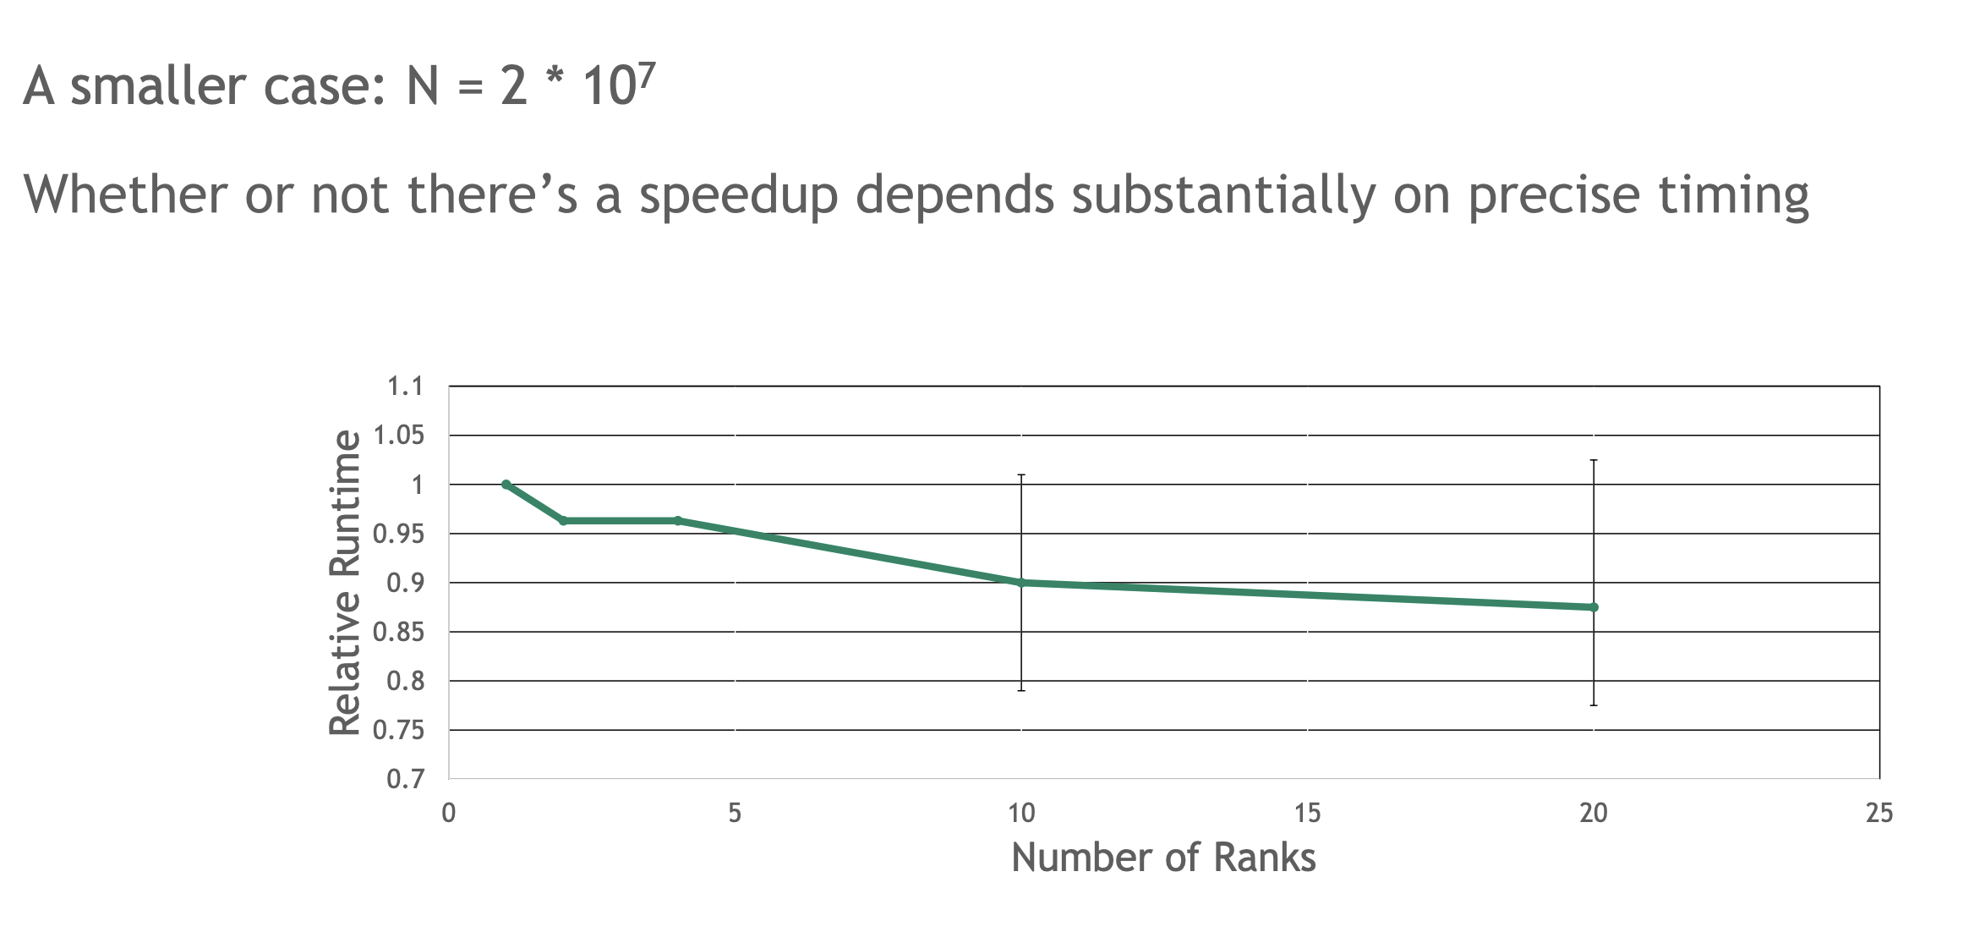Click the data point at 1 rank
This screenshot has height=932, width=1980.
[x=506, y=485]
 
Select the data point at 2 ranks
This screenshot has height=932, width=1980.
[x=564, y=521]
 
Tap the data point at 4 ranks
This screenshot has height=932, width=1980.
[x=678, y=521]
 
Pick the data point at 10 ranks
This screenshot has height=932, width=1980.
[x=1021, y=583]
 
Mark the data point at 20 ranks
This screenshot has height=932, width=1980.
[x=1594, y=607]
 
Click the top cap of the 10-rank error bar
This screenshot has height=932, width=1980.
[x=1021, y=475]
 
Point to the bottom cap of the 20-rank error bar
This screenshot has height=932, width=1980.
[x=1594, y=704]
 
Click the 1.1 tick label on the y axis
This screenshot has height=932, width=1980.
[x=405, y=387]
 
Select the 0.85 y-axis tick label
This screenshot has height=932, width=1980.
[x=398, y=633]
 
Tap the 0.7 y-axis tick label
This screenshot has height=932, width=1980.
[x=405, y=779]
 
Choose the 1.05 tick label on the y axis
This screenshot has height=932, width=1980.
[x=398, y=436]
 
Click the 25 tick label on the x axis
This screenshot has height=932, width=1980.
[x=1879, y=814]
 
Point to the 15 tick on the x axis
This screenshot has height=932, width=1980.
[x=1307, y=814]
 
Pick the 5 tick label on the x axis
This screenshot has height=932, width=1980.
[x=734, y=814]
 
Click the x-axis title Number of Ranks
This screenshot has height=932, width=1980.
[x=1163, y=858]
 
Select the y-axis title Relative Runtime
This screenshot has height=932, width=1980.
[x=345, y=583]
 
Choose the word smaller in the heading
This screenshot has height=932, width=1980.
[x=160, y=86]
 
